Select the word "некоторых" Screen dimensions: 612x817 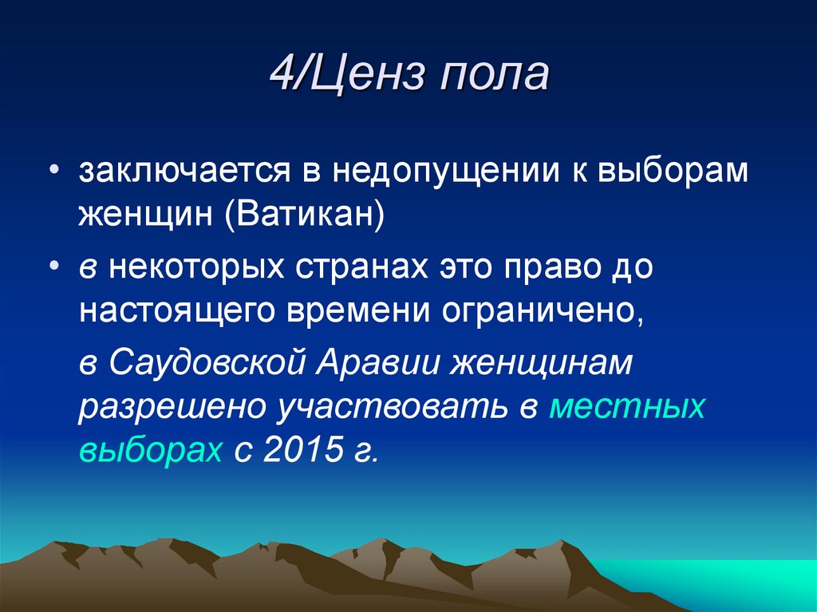203,267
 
